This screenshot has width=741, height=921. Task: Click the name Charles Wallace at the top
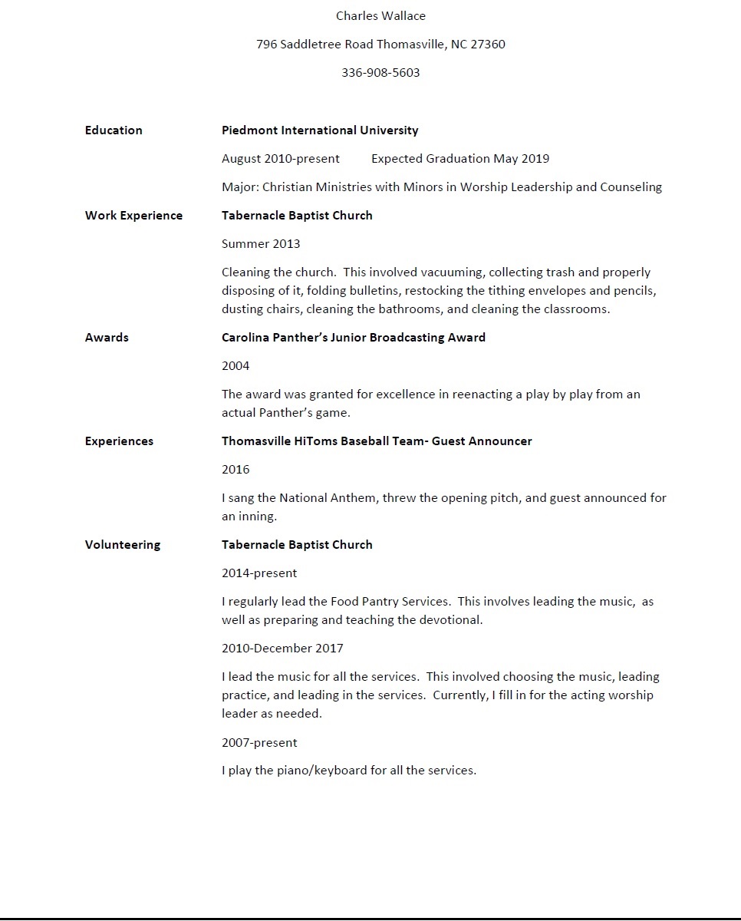tap(380, 16)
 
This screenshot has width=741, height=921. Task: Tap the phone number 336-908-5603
tap(380, 73)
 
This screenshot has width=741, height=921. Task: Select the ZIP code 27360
tap(488, 45)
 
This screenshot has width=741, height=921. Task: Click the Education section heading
tap(114, 130)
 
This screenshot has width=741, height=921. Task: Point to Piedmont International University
tap(320, 130)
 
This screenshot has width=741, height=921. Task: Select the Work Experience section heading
tap(133, 216)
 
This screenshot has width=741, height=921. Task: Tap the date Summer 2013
tap(261, 244)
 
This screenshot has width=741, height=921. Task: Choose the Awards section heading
tap(107, 338)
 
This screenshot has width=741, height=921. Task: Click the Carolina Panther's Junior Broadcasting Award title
tap(354, 338)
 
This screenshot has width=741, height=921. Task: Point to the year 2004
tap(235, 366)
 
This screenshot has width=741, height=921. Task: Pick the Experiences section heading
tap(119, 441)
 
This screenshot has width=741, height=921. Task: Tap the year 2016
tap(235, 470)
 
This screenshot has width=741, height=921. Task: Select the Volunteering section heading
tap(123, 545)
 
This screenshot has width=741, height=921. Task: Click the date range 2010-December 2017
tap(282, 649)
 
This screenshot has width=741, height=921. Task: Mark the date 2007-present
tap(259, 743)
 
